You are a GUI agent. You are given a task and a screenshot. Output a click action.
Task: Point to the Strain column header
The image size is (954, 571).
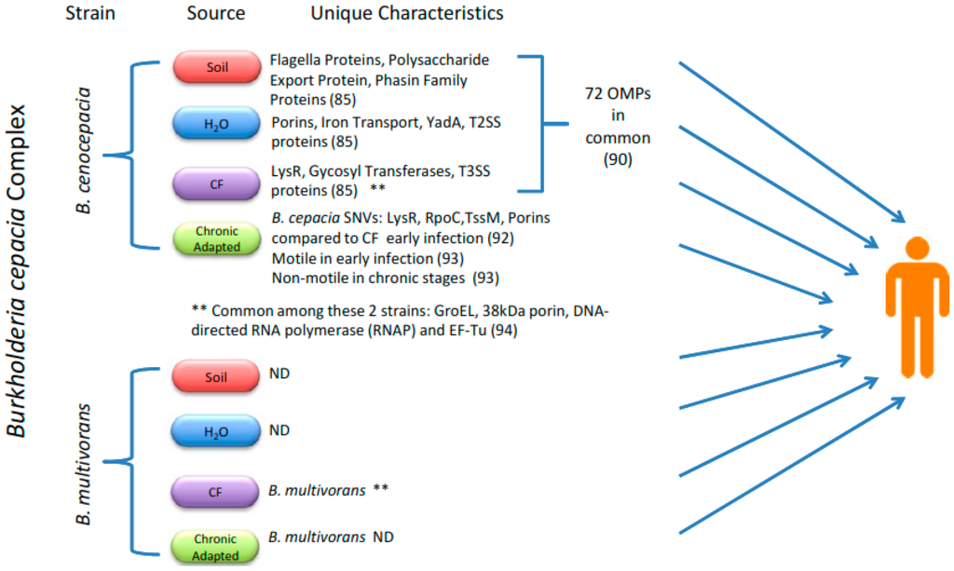(x=90, y=14)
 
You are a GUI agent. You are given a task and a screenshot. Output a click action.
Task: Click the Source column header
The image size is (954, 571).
(x=215, y=14)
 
